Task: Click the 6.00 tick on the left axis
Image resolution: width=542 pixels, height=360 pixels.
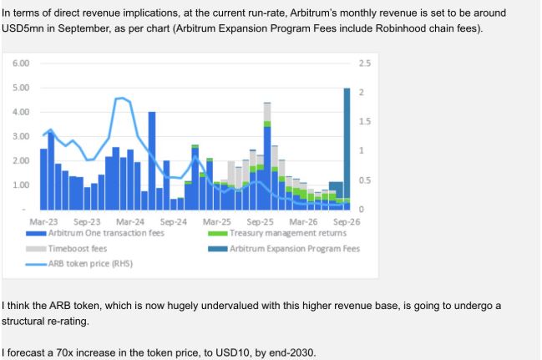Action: click(x=21, y=63)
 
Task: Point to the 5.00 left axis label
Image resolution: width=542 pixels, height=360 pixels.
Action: click(x=21, y=88)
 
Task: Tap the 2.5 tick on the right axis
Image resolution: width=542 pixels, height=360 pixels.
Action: click(x=365, y=63)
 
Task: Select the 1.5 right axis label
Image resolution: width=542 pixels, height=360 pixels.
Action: click(x=365, y=121)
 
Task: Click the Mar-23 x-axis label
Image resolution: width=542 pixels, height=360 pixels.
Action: click(x=43, y=221)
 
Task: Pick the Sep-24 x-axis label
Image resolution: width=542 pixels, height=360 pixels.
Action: click(x=173, y=221)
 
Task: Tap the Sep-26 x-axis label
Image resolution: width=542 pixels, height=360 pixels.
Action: click(x=347, y=221)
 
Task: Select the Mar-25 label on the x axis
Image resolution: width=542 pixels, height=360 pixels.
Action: click(x=217, y=221)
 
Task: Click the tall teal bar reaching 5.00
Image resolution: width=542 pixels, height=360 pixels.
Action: click(x=347, y=144)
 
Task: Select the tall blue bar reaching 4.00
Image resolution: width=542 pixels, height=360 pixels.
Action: click(x=152, y=161)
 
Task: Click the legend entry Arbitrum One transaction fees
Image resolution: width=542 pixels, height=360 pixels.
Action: click(x=95, y=233)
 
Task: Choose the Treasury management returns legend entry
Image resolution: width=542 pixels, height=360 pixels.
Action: click(x=277, y=233)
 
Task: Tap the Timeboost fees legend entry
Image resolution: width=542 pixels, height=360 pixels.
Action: click(x=66, y=249)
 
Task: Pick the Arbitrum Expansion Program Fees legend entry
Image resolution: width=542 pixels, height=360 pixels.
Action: click(x=284, y=249)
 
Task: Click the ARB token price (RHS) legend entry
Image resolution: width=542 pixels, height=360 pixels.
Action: click(x=79, y=264)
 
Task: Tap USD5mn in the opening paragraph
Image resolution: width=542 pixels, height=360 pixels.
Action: click(x=23, y=28)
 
